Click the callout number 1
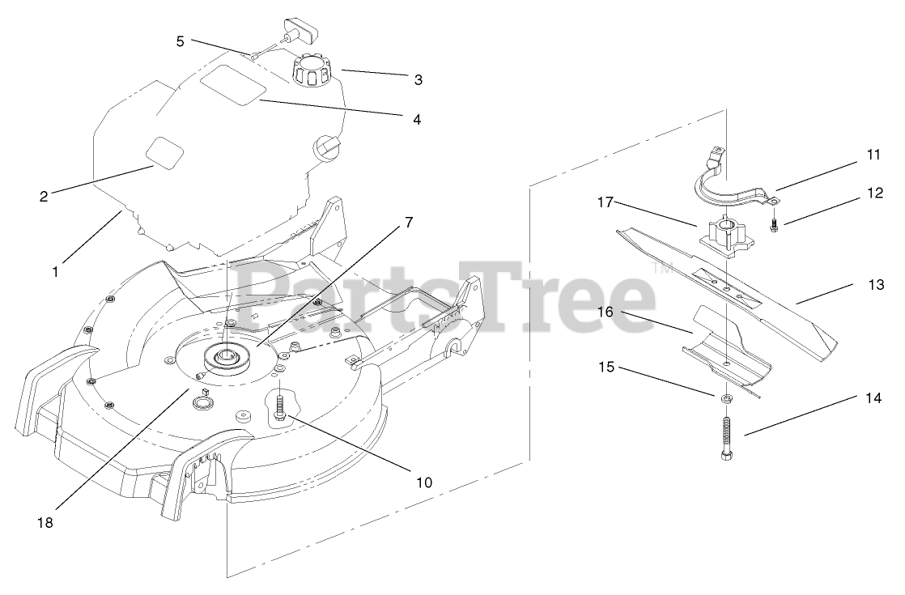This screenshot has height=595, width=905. click(x=55, y=273)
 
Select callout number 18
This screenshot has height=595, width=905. click(x=45, y=523)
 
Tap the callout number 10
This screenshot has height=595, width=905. click(x=424, y=482)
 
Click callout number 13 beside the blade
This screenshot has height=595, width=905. click(x=876, y=284)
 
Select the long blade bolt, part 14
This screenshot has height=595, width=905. click(x=726, y=437)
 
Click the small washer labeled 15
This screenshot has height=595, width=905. click(x=726, y=398)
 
